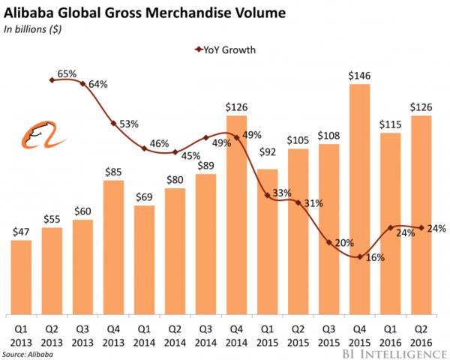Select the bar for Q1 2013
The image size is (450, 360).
coord(22,277)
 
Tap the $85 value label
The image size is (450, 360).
coord(113,171)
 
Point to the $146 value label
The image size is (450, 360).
coord(359,75)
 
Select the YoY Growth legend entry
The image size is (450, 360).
coord(225,50)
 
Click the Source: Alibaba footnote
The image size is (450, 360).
coord(28,352)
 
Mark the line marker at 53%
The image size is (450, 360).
coord(113,123)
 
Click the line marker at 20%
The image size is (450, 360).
coord(328,242)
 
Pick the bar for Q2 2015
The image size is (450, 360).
coord(298,232)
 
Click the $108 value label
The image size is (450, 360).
coord(328,136)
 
